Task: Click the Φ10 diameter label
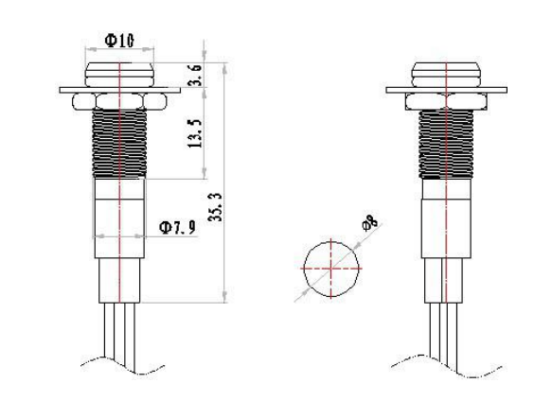[x=119, y=41]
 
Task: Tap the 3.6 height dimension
[x=195, y=75]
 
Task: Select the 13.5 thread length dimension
[x=195, y=133]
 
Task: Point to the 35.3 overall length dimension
[x=215, y=207]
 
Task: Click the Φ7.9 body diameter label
[x=177, y=228]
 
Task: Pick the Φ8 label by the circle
[x=369, y=224]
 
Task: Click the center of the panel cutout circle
[x=331, y=269]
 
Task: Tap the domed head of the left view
[x=119, y=75]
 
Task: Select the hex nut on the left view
[x=119, y=101]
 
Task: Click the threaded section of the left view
[x=119, y=143]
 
